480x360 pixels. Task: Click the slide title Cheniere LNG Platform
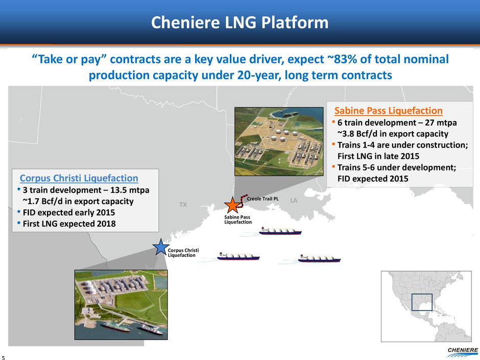pos(239,22)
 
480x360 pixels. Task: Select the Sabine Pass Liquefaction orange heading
pos(388,110)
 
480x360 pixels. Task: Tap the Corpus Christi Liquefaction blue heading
pos(79,178)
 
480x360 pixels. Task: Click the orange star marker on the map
pos(232,205)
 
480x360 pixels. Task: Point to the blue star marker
pos(161,247)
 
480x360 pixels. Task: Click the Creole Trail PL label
pos(262,199)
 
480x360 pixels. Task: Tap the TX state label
pos(183,204)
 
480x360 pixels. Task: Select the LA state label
pos(294,201)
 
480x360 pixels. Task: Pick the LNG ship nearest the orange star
pos(280,231)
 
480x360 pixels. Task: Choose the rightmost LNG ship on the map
pos(319,259)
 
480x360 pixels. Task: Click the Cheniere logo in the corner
pos(463,352)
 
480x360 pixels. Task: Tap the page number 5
pos(4,357)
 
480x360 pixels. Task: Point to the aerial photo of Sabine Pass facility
pos(279,141)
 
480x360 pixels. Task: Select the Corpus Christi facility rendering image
pos(121,304)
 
